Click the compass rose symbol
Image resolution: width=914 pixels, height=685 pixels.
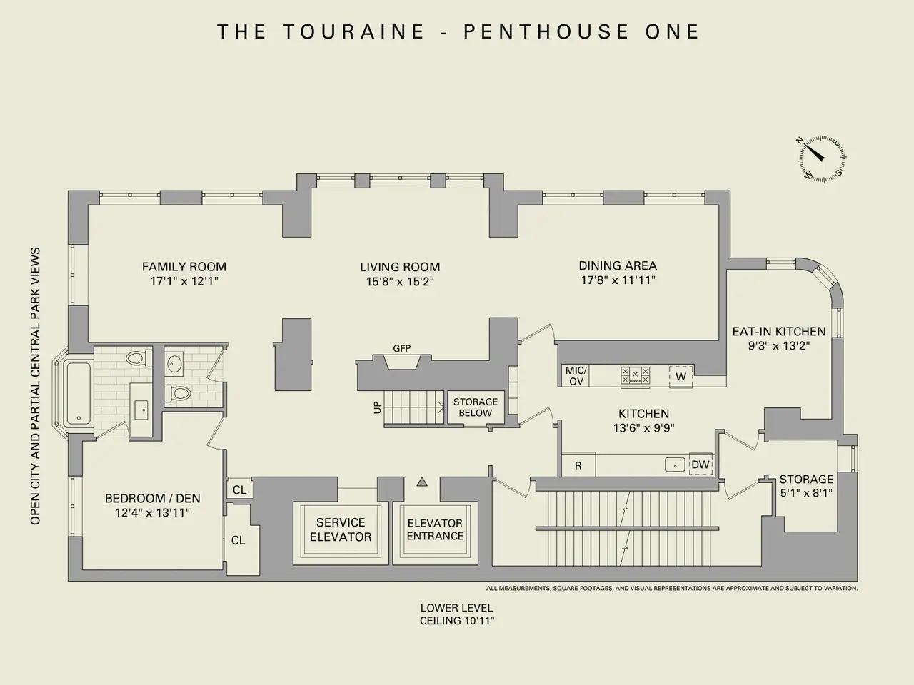coord(822,156)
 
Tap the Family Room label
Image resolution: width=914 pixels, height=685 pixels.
coord(184,267)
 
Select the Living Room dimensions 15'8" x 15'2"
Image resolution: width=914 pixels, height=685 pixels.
coord(400,282)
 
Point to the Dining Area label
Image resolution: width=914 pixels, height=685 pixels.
coord(618,265)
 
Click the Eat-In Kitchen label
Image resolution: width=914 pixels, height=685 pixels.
coord(779,331)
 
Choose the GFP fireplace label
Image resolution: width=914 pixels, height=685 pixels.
coord(402,349)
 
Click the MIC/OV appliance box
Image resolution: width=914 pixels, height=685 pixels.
coord(576,375)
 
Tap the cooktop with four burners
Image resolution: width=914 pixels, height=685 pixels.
coord(635,375)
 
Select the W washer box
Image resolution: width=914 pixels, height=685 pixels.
coord(681,376)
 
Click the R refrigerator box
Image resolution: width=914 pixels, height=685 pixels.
coord(578,465)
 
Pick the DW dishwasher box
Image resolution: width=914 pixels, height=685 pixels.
coord(700,465)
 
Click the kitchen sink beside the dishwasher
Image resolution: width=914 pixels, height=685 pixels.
coord(674,465)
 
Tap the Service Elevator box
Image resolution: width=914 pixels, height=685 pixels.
coord(341,529)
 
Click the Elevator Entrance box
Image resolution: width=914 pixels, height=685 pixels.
coord(435,529)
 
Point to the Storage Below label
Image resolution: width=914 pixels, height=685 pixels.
coord(475,407)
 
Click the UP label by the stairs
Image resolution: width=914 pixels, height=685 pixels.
coord(377,408)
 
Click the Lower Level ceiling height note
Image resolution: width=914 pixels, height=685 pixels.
coord(457,614)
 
